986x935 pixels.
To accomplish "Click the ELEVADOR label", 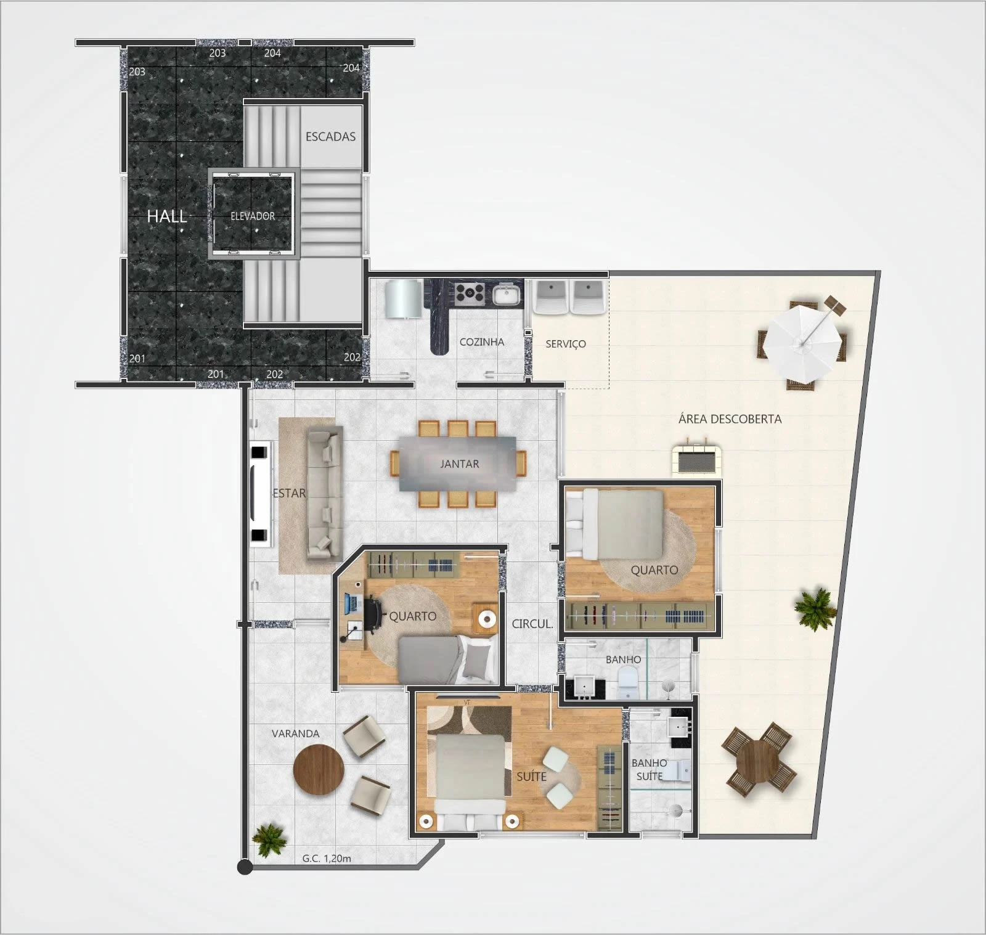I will click(x=253, y=216).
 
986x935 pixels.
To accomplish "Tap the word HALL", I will click(x=166, y=216).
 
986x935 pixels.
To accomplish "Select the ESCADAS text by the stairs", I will click(x=330, y=137).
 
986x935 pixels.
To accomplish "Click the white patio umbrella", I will click(x=801, y=340).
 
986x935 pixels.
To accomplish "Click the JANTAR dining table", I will click(x=458, y=463).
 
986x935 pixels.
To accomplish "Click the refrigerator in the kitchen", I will click(x=404, y=299).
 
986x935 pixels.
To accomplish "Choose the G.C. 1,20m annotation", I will click(x=327, y=858).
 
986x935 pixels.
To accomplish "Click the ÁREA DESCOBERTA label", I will click(x=730, y=419).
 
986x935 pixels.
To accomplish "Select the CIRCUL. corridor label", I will click(x=532, y=624).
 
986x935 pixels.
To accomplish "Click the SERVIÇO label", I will click(x=565, y=344).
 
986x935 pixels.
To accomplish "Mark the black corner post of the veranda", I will click(x=245, y=867).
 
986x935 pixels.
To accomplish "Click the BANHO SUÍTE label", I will click(x=649, y=770).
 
